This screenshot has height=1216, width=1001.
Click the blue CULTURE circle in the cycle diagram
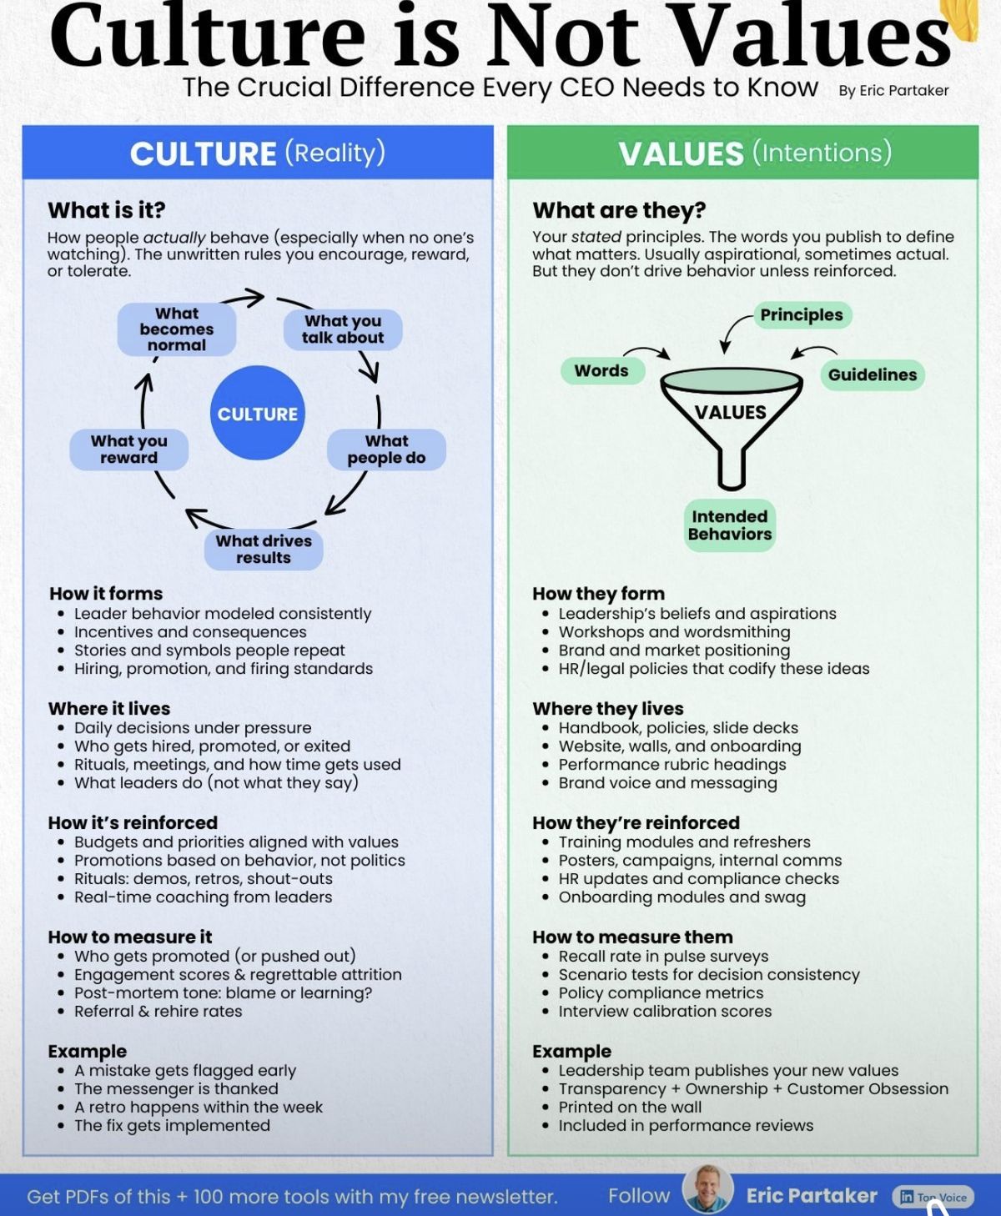point(257,414)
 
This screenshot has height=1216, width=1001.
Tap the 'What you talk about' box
point(343,329)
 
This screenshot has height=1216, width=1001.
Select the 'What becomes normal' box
point(177,329)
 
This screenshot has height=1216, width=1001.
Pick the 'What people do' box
point(386,450)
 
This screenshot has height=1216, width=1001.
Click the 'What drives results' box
point(264,550)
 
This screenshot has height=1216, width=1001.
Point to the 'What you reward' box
point(129,450)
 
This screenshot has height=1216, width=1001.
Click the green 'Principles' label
point(801,315)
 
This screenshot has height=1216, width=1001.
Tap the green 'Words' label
point(601,371)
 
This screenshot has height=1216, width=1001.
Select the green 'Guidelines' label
point(872,375)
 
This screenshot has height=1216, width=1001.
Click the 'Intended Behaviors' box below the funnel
point(730,525)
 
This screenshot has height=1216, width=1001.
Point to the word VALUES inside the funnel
point(730,412)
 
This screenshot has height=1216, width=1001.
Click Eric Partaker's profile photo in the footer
point(707,1190)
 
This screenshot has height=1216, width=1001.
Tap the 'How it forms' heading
point(106,594)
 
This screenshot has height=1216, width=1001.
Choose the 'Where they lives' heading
point(608,709)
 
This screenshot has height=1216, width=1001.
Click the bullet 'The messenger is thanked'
point(176,1088)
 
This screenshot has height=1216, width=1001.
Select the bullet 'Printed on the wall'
point(630,1107)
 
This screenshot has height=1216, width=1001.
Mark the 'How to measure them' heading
point(632,937)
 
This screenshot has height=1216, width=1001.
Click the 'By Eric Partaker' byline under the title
point(893,91)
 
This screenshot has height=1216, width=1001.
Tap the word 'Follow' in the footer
point(639,1196)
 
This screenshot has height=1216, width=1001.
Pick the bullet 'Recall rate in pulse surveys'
point(663,957)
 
